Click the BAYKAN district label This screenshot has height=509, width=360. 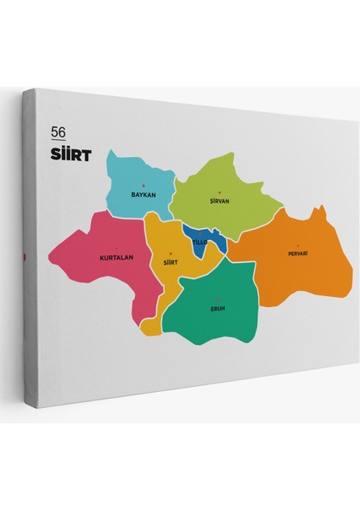coord(143,194)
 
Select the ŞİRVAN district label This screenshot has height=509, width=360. coord(220,201)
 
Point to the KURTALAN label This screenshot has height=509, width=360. coord(115,256)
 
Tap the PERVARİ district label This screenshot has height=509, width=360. coord(297,254)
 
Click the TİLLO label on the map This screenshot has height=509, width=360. coord(199,242)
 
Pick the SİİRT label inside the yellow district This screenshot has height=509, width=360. coord(170,263)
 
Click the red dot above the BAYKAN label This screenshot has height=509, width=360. coord(143,186)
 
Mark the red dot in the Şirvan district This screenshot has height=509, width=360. coord(219,193)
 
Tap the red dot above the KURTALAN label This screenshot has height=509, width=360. coord(116,248)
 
